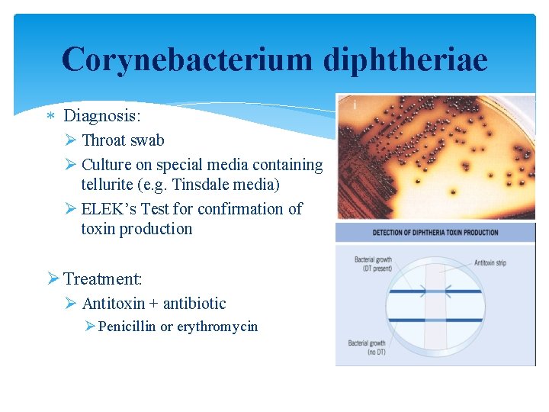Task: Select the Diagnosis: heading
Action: [x=102, y=116]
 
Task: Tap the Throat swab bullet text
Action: [x=123, y=140]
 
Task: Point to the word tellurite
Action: [x=106, y=185]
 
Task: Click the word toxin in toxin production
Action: [x=99, y=229]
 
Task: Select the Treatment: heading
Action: [x=102, y=279]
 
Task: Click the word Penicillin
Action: [x=127, y=327]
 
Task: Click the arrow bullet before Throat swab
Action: [x=71, y=140]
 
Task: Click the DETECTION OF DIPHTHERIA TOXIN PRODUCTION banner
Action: [x=435, y=232]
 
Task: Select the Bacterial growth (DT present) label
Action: [x=373, y=264]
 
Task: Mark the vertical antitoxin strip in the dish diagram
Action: [x=435, y=305]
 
